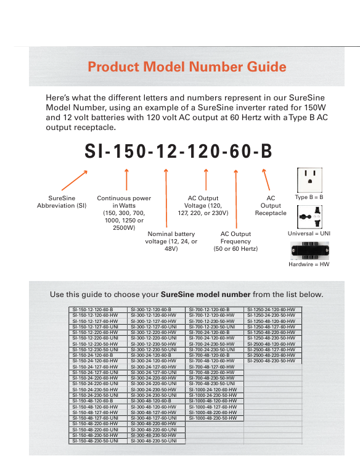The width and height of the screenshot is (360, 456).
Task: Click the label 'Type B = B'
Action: pos(309,197)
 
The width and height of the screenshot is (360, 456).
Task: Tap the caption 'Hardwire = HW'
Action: pos(309,264)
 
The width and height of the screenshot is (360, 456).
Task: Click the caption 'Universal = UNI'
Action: pos(309,234)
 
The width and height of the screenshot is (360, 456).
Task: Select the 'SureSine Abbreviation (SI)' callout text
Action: pos(62,202)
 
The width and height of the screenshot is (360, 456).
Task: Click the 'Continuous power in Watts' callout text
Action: pos(124,213)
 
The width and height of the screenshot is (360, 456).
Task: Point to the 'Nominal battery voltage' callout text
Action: pos(171,241)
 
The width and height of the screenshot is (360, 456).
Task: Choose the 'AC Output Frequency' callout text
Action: pos(235,241)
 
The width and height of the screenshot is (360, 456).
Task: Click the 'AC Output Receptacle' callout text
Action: pos(271,205)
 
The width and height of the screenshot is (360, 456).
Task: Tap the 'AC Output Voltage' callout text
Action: pos(203,205)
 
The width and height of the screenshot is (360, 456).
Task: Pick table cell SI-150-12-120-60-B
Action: pos(97,309)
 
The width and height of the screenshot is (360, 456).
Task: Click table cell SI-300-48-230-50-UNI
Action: pos(156,441)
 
